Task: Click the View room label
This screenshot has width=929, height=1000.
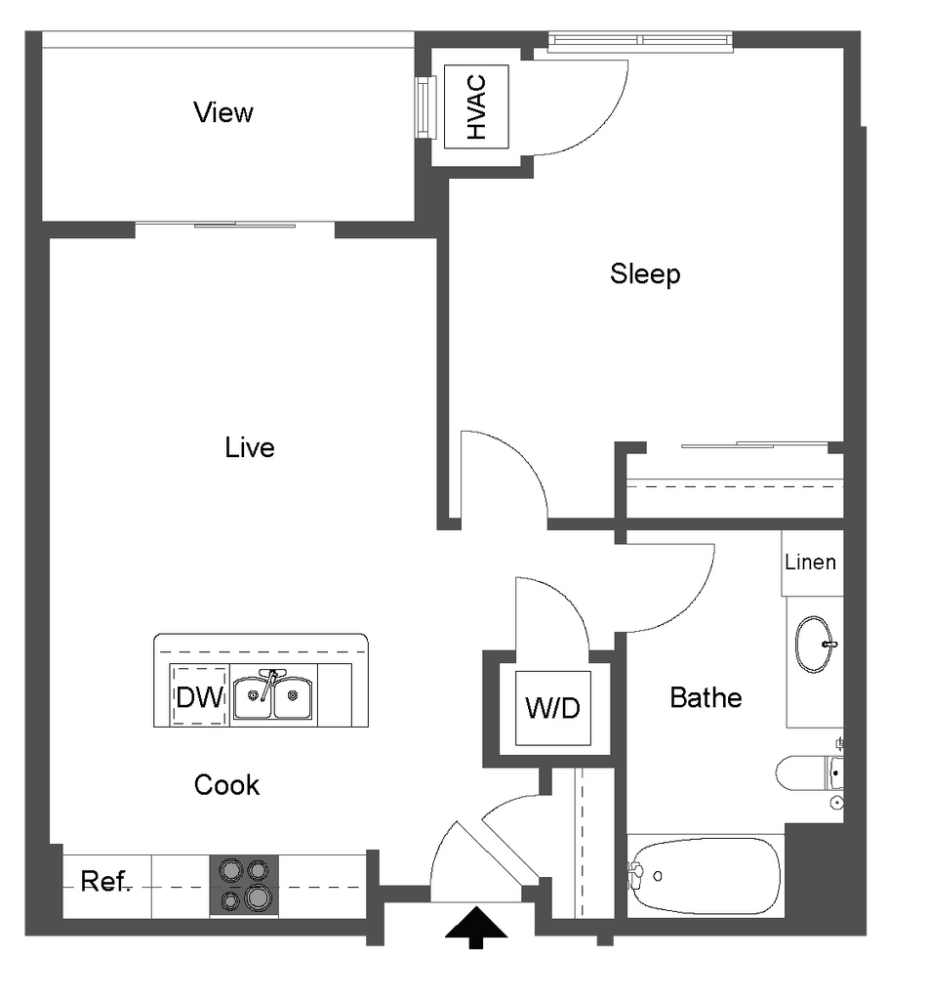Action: [223, 112]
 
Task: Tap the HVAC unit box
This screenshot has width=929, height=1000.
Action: [476, 106]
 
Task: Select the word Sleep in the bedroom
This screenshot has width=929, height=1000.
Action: [645, 273]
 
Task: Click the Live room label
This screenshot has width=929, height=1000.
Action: [250, 447]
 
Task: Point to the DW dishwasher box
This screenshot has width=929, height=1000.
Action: [199, 696]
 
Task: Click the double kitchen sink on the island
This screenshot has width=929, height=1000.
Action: [272, 694]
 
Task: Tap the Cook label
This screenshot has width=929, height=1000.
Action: [226, 784]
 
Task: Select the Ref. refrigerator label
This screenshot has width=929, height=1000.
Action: [105, 882]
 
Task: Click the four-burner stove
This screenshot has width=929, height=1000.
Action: [244, 885]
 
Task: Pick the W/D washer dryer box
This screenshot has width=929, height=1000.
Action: [552, 708]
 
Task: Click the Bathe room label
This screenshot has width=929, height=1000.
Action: [706, 697]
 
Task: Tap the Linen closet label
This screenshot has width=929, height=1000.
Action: [810, 562]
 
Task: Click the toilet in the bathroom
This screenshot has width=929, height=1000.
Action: [806, 773]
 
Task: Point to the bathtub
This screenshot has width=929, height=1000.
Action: [706, 874]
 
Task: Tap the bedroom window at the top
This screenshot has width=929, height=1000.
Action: [639, 41]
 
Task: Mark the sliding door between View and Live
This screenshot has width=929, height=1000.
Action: [234, 227]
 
